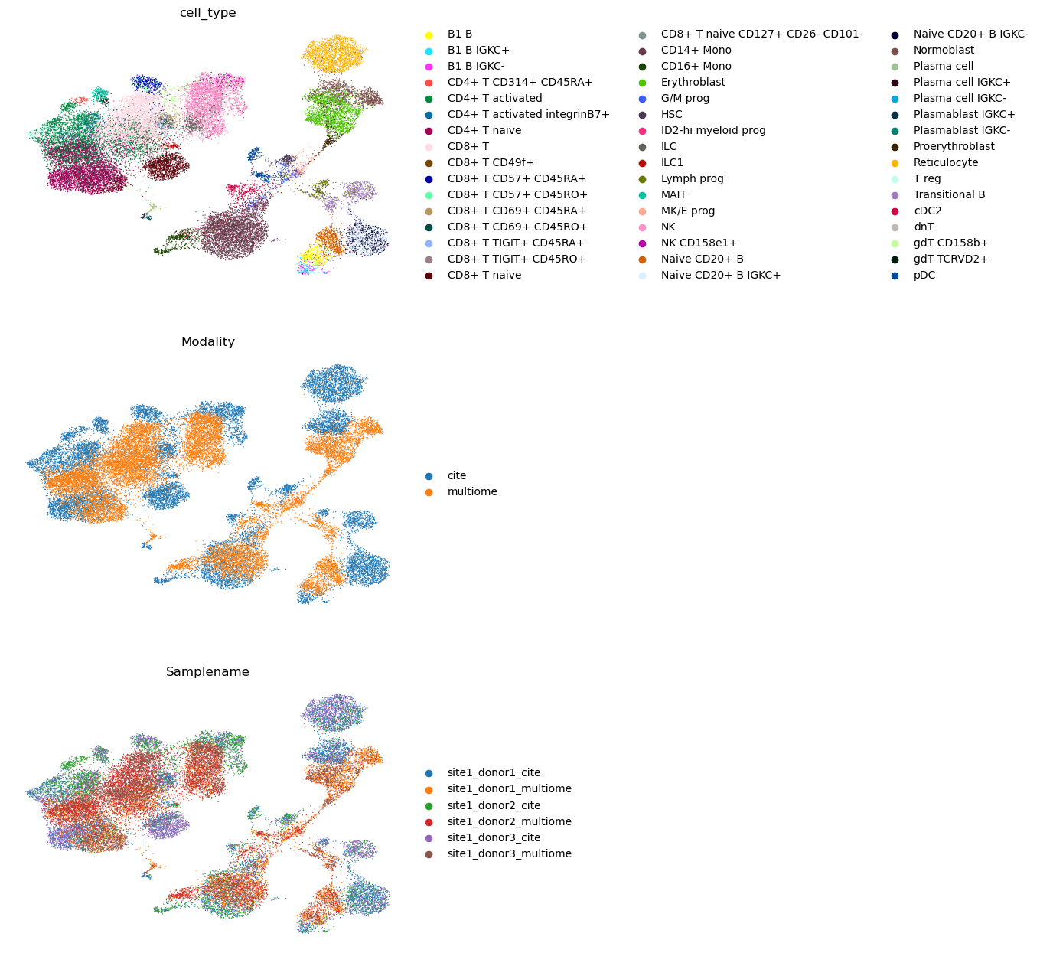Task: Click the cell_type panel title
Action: [x=207, y=13]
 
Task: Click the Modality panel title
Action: [x=207, y=342]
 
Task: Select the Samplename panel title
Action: [x=207, y=672]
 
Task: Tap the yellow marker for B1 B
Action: [x=429, y=34]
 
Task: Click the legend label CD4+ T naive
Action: [x=484, y=131]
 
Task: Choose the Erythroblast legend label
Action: [x=693, y=83]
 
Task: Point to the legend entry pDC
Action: [x=924, y=276]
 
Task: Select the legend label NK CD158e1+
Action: [x=699, y=243]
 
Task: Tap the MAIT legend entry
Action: [x=673, y=195]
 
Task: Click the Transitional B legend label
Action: [x=949, y=195]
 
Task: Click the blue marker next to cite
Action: [x=429, y=476]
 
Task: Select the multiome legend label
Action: [x=472, y=492]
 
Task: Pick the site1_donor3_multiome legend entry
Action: [x=509, y=854]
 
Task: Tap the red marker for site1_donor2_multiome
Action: [x=429, y=822]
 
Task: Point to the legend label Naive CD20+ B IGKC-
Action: [x=970, y=34]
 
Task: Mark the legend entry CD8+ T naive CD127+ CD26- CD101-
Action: [x=761, y=34]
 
